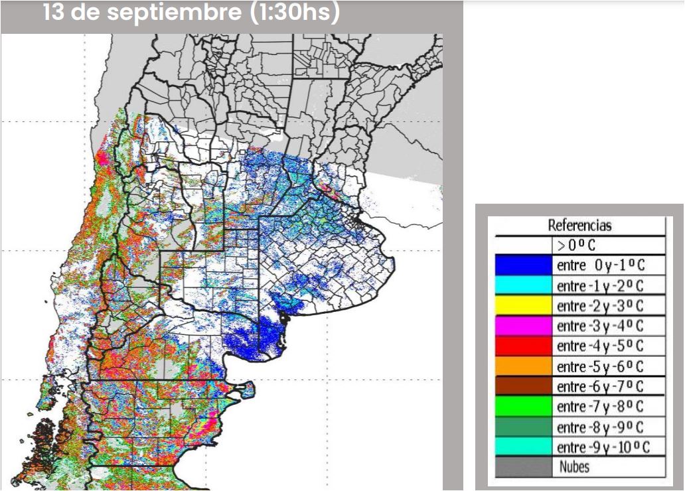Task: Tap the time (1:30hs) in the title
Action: tap(295, 13)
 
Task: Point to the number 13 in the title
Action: tap(54, 13)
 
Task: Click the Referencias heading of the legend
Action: tap(579, 226)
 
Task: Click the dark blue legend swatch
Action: tap(523, 265)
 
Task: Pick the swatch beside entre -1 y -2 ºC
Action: tap(523, 285)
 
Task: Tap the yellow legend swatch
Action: tap(523, 306)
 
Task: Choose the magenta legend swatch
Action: tap(523, 326)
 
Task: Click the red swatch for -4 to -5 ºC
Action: tap(523, 346)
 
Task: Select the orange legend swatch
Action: tap(523, 366)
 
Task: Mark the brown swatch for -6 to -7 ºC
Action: tap(523, 386)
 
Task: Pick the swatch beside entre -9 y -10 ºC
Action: tap(523, 447)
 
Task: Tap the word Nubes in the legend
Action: tap(574, 466)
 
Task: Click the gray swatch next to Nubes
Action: tap(523, 466)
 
